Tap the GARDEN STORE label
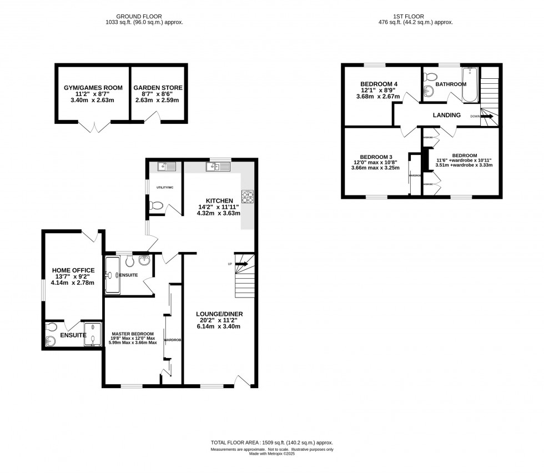click(x=158, y=88)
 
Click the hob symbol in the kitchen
click(x=247, y=196)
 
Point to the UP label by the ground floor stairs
click(x=229, y=263)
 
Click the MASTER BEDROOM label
click(x=133, y=334)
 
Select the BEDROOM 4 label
click(x=377, y=84)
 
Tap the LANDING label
click(x=447, y=115)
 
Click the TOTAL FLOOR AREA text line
click(x=271, y=442)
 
